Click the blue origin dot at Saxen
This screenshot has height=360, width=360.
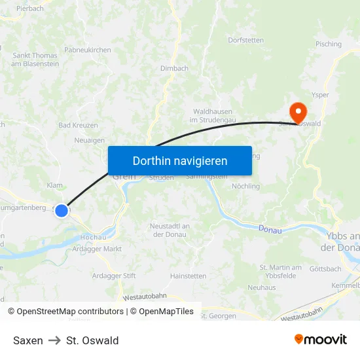62,210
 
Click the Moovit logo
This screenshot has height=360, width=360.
320,340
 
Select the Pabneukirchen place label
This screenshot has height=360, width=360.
88,50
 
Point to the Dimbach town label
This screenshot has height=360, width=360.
174,68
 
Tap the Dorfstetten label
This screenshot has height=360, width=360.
246,40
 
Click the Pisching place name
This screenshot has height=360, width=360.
328,45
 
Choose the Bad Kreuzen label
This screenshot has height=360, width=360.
78,125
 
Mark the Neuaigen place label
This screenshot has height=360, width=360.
89,140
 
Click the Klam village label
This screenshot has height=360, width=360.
55,185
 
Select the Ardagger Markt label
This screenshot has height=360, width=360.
97,249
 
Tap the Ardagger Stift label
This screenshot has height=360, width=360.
113,276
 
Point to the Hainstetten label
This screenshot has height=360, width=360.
188,276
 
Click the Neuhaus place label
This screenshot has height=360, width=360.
262,287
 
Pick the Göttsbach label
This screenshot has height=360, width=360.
325,269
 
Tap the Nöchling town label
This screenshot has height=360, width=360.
245,186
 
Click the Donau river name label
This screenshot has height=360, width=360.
270,229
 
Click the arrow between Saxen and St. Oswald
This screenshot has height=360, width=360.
54,340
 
